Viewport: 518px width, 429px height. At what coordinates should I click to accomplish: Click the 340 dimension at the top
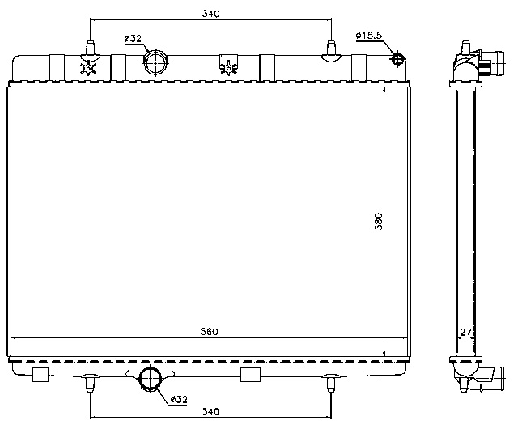pos(209,13)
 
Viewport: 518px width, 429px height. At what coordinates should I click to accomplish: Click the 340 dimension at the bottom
pos(209,412)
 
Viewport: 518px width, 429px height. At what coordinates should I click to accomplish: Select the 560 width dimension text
pos(209,333)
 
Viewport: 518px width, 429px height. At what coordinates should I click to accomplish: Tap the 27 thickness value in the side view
pos(465,333)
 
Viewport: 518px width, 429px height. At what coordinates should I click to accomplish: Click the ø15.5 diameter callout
pos(368,36)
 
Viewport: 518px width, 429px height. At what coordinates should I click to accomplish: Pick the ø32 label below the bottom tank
pos(179,398)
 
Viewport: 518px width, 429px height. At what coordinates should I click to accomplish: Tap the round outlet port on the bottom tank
pos(151,378)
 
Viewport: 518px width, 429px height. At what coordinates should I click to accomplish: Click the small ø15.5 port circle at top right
pos(397,58)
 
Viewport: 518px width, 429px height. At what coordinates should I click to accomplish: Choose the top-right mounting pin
pos(330,49)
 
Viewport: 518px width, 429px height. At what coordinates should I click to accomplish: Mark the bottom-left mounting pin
pos(89,383)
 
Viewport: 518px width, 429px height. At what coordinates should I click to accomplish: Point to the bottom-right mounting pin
pos(330,383)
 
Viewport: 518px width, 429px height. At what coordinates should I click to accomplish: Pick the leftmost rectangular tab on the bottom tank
pos(40,372)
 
